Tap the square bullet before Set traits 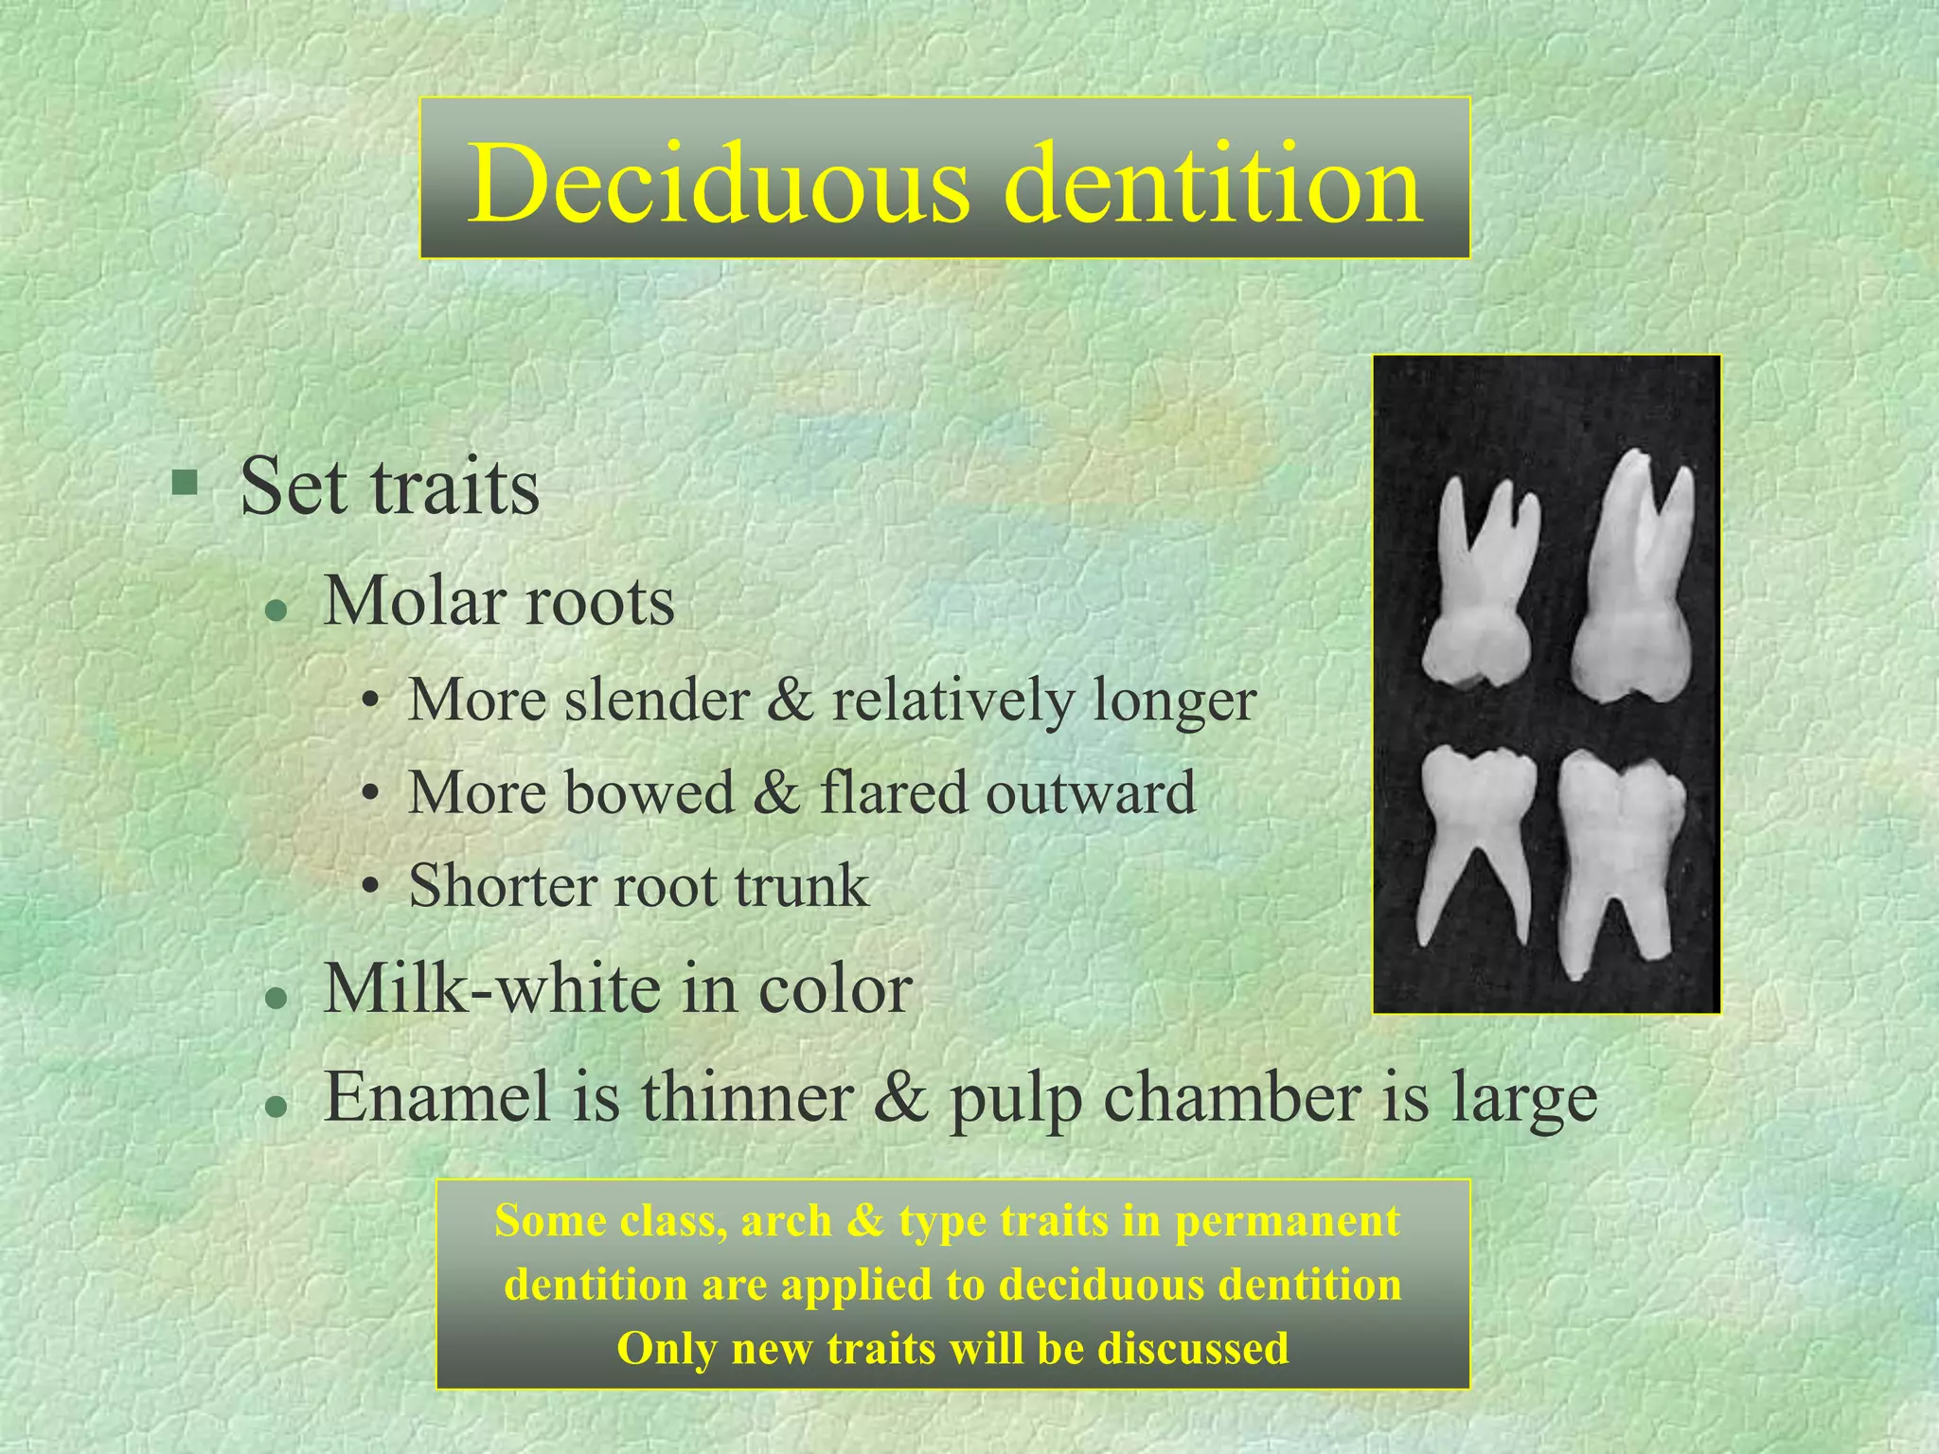tap(185, 484)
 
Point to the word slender tap(657, 700)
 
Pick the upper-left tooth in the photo tap(1482, 587)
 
